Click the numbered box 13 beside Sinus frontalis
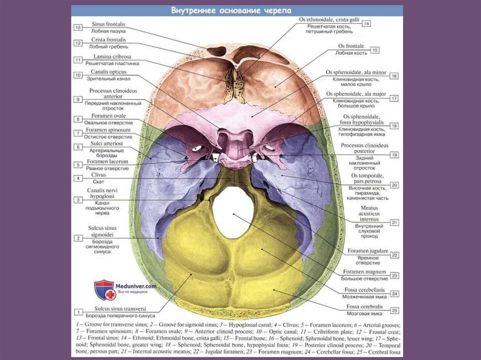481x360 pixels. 78,28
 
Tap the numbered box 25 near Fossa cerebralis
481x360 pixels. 395,310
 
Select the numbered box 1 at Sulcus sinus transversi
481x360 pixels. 78,311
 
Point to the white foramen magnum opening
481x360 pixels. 233,212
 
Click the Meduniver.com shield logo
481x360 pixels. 104,290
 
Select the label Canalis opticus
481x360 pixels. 104,72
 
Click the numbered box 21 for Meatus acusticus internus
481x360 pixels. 395,222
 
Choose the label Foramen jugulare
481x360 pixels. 368,251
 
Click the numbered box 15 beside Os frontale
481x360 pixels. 374,50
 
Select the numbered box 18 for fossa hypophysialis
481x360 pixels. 395,126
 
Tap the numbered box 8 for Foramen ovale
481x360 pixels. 78,119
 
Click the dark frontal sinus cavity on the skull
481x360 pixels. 217,51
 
